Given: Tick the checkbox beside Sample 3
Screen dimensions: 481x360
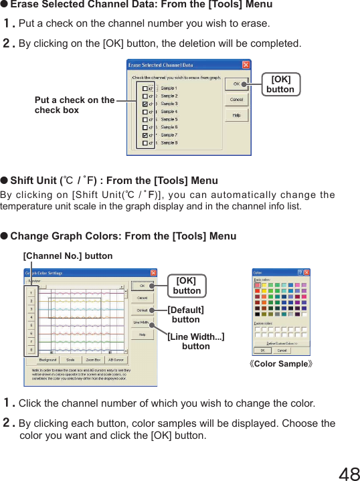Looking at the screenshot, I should [145, 104].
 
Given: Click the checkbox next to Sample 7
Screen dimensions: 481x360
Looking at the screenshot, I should [145, 135].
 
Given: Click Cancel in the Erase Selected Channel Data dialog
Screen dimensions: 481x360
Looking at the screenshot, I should [236, 99].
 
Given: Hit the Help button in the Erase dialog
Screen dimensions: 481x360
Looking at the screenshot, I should [236, 115].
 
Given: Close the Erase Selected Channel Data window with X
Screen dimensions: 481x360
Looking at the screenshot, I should [246, 65].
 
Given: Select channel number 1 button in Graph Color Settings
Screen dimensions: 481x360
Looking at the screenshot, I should [31, 292].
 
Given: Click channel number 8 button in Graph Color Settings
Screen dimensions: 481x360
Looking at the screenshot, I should [31, 349].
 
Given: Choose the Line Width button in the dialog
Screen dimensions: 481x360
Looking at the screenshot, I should [142, 322].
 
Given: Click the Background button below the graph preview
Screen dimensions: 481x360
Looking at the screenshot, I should [48, 360].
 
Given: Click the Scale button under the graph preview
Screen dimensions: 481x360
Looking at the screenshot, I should [70, 360].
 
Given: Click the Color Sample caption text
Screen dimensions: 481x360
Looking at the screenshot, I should [280, 365].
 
